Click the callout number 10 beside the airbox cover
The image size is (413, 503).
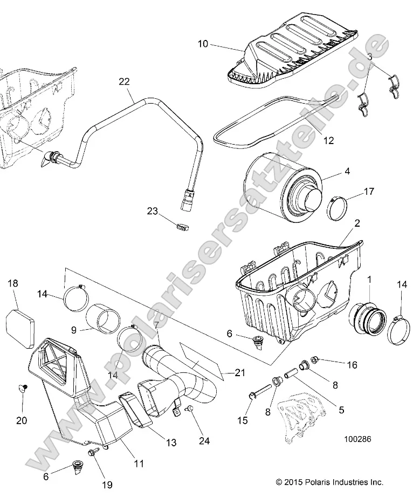pyautogui.click(x=202, y=44)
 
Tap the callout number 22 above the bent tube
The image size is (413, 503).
pyautogui.click(x=124, y=81)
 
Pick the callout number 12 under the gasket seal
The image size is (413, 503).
pyautogui.click(x=328, y=141)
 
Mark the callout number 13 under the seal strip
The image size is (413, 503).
pyautogui.click(x=170, y=443)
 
